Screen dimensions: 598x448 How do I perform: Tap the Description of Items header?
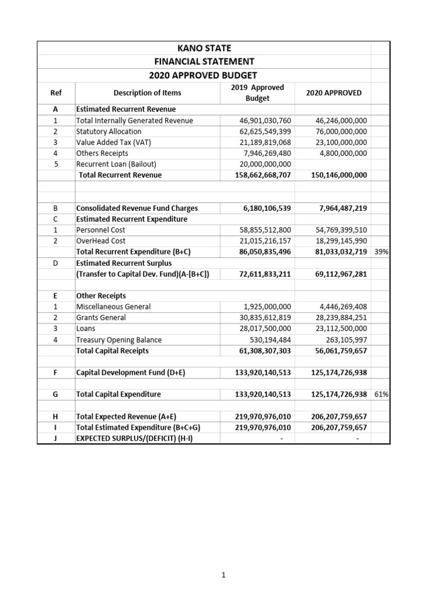click(147, 93)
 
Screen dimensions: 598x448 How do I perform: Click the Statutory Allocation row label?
click(109, 131)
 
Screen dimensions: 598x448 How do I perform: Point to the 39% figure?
click(381, 252)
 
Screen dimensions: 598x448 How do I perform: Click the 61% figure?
click(381, 394)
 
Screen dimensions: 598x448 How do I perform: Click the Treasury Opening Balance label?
click(119, 340)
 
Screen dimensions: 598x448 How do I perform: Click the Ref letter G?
click(56, 394)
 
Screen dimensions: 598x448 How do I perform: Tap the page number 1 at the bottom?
click(223, 575)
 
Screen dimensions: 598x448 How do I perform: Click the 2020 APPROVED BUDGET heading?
click(203, 75)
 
